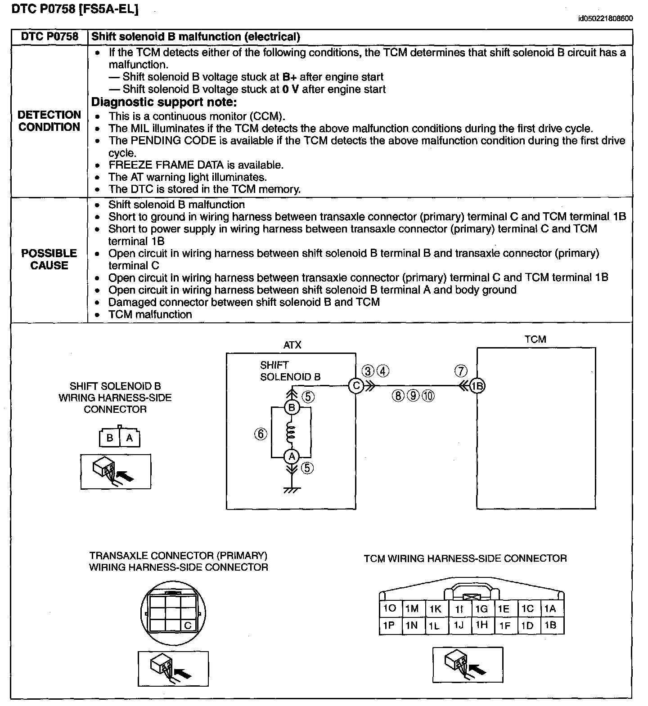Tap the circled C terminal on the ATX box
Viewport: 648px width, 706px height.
(355, 386)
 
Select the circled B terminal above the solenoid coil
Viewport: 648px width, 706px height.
(292, 408)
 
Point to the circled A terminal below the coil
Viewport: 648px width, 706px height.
(292, 456)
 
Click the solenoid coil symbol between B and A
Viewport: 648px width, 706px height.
(291, 433)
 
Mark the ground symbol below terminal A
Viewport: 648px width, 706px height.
(292, 489)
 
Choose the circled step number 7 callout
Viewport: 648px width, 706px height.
(461, 371)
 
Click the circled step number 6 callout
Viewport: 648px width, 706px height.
(261, 434)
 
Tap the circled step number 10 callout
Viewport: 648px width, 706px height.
(428, 395)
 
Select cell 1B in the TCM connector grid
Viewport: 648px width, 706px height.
(550, 625)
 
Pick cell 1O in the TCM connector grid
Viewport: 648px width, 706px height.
(389, 608)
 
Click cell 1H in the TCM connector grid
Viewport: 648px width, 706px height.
(481, 625)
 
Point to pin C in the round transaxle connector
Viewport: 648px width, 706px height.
(188, 625)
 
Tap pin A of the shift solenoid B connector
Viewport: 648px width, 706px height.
(130, 438)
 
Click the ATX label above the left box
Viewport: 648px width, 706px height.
(292, 345)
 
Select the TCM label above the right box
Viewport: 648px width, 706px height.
(535, 339)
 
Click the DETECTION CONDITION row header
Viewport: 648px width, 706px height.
(49, 121)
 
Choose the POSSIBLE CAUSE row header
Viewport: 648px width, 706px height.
(49, 259)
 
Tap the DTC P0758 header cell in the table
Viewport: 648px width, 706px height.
(49, 37)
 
